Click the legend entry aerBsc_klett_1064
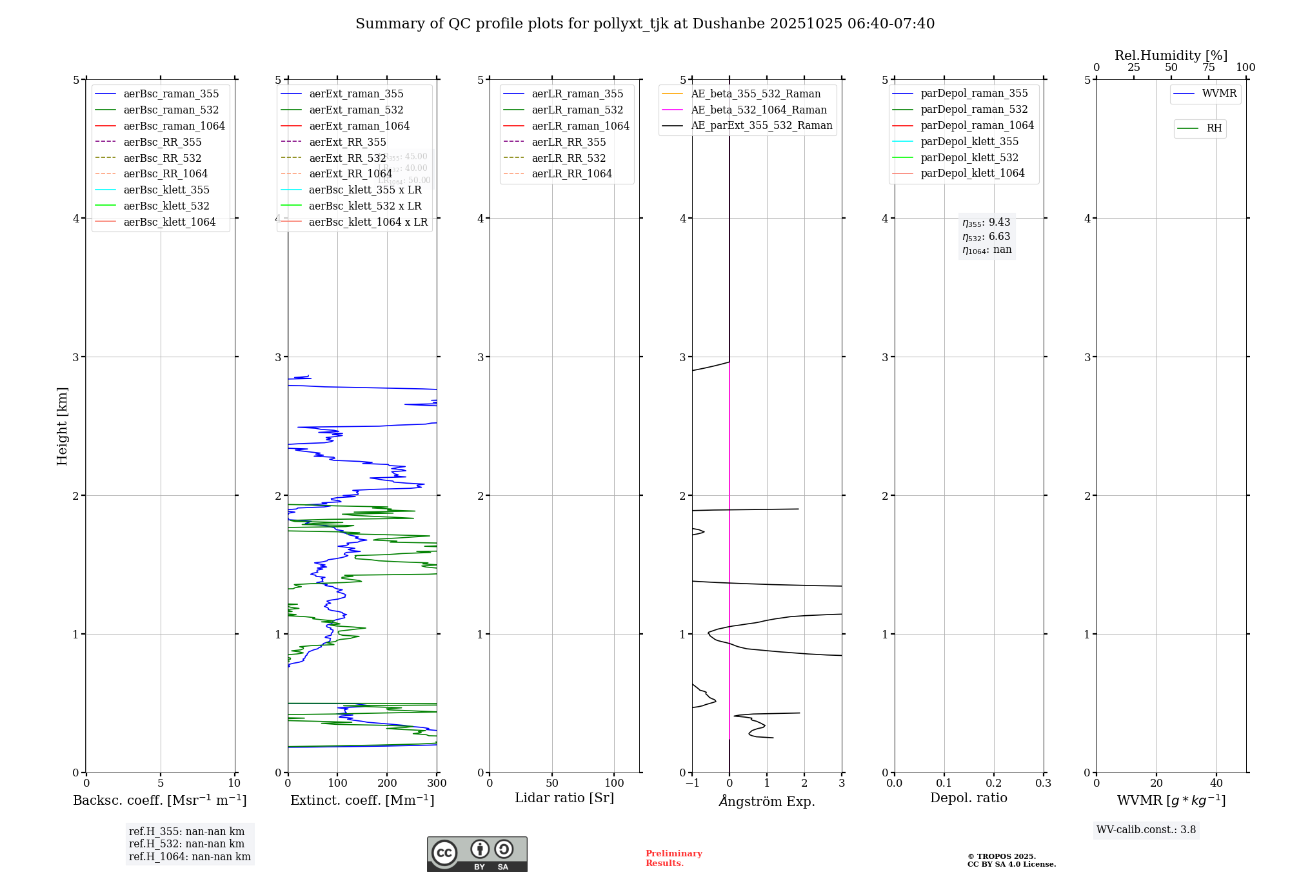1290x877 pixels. [x=169, y=222]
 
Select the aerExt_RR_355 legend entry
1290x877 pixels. [x=347, y=142]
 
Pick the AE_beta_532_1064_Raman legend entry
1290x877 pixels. [x=759, y=110]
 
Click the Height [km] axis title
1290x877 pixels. [x=62, y=426]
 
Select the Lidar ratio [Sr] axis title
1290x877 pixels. [x=564, y=798]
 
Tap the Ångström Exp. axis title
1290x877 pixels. [x=767, y=801]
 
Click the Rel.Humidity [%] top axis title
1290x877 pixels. [x=1171, y=55]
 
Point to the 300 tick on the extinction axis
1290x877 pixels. [x=437, y=783]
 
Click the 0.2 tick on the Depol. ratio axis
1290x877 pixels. [x=994, y=783]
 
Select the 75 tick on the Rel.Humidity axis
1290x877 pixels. [x=1208, y=68]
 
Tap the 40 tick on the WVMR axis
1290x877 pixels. [x=1216, y=783]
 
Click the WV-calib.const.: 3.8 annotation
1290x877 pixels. [x=1146, y=830]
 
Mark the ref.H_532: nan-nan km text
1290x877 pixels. [x=186, y=844]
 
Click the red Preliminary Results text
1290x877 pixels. [x=673, y=858]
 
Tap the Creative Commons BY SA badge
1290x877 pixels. [x=477, y=854]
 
